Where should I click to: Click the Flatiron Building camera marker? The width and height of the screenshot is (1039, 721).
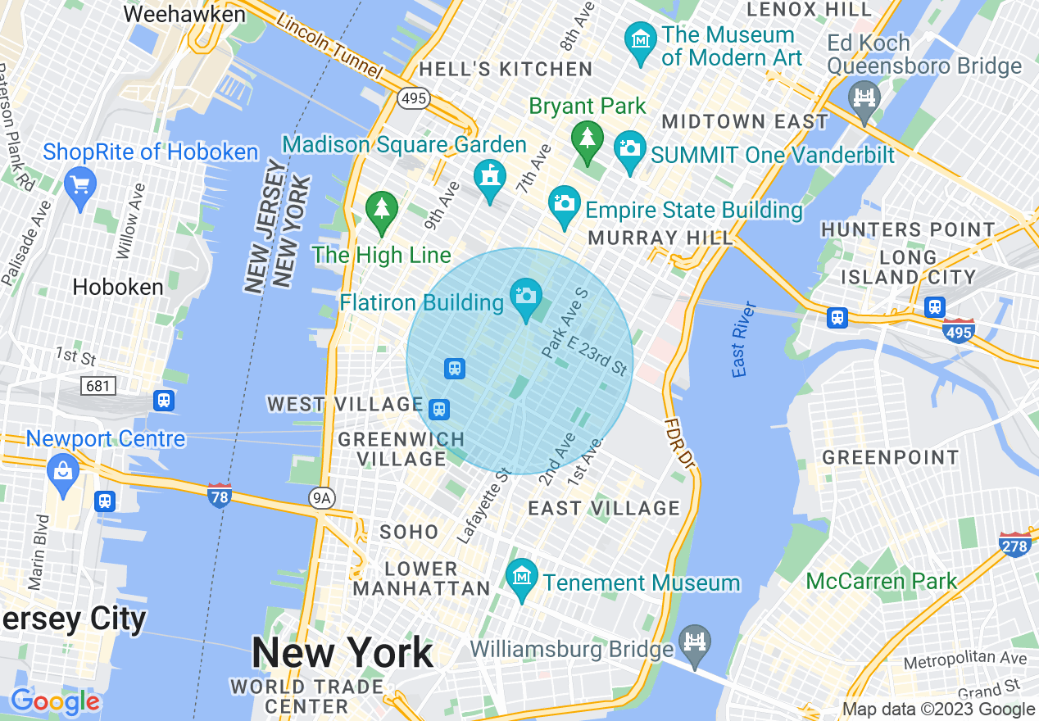[x=525, y=295]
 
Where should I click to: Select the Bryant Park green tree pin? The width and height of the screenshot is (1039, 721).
[x=587, y=138]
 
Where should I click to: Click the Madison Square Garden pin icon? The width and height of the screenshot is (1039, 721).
[x=489, y=176]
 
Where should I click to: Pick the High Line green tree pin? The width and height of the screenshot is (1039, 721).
[x=381, y=209]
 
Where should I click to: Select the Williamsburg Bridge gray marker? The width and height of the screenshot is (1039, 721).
[x=695, y=642]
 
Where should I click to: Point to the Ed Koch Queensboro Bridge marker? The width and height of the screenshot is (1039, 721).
[x=864, y=97]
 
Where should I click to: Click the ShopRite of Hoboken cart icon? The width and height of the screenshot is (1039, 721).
[x=80, y=184]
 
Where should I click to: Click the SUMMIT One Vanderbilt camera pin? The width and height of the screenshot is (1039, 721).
[x=629, y=149]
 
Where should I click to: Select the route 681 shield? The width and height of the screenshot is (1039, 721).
[x=98, y=385]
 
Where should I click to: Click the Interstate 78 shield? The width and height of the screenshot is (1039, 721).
[x=219, y=495]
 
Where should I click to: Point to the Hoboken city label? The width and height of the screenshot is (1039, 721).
[x=118, y=287]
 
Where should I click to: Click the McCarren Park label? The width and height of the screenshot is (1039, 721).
[x=882, y=582]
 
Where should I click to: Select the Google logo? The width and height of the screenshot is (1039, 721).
[x=54, y=701]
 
